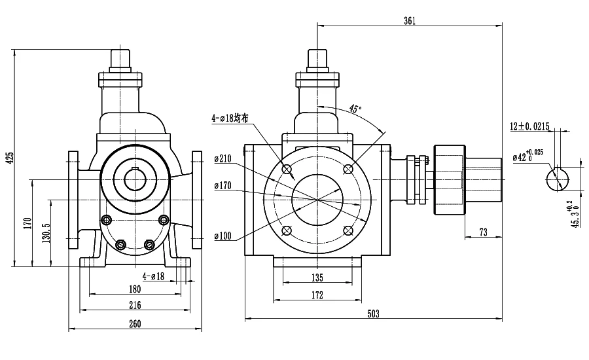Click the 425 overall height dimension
click(11, 158)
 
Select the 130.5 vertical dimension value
click(46, 233)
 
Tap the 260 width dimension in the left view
click(135, 323)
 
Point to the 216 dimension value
click(135, 305)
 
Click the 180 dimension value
click(135, 289)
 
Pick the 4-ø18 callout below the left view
click(154, 276)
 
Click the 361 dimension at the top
click(410, 21)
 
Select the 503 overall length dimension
click(374, 314)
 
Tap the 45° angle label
click(355, 109)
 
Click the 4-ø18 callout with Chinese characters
click(230, 118)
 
